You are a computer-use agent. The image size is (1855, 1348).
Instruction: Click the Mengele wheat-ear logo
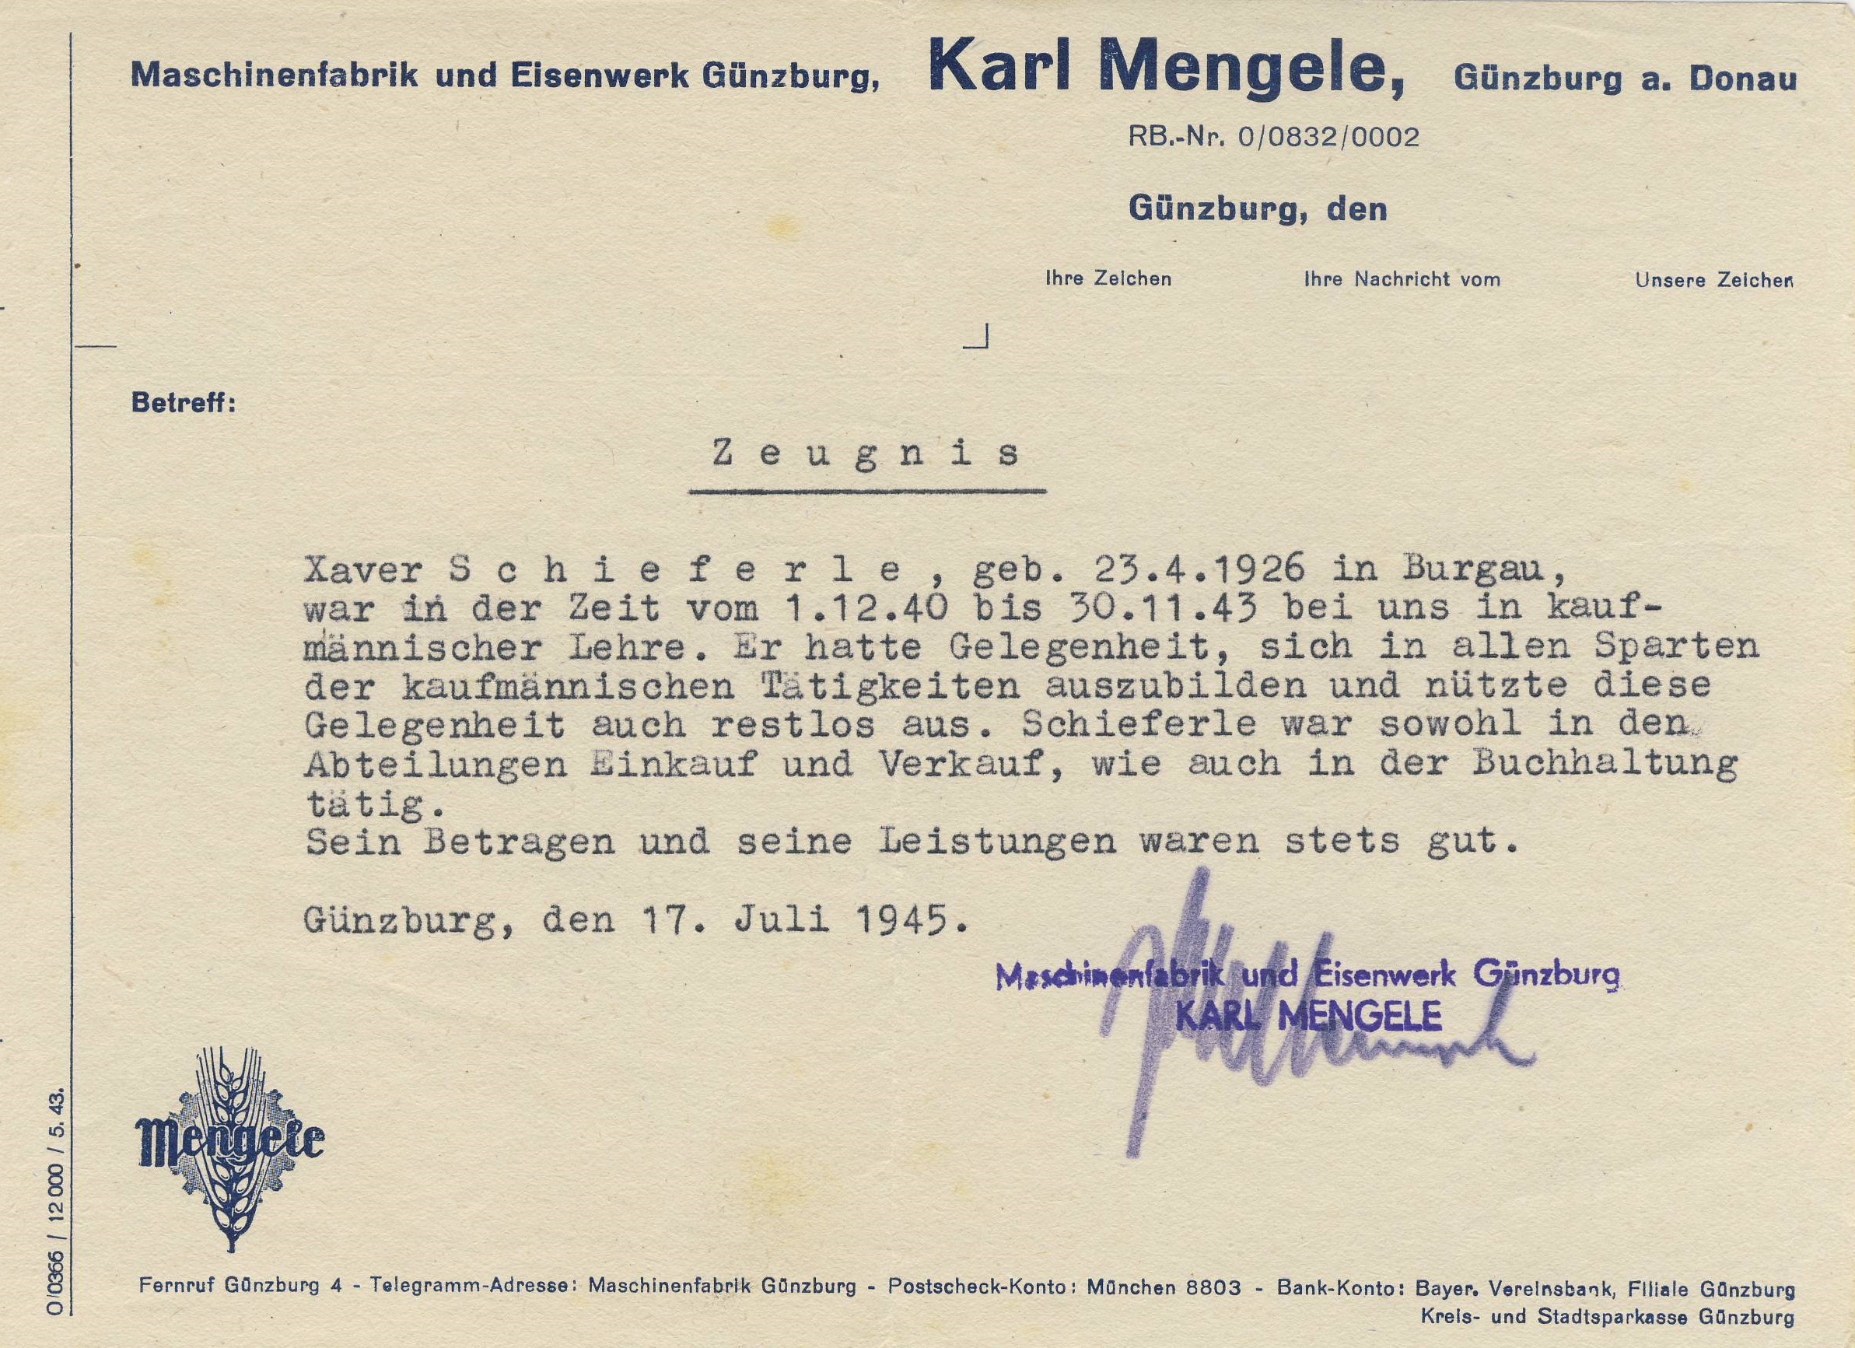[229, 1145]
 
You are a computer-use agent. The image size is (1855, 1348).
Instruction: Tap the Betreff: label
[184, 403]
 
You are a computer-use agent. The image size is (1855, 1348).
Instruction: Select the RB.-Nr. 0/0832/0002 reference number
[1273, 137]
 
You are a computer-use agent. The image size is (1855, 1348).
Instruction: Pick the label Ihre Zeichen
[1108, 279]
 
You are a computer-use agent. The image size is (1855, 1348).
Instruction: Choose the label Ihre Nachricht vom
[1402, 280]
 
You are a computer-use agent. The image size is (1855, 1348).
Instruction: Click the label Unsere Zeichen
[1714, 281]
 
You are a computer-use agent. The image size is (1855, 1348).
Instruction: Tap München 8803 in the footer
[1163, 1287]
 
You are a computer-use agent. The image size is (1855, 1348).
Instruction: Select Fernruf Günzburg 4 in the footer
[240, 1286]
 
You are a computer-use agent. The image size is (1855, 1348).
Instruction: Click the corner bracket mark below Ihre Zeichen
[979, 337]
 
